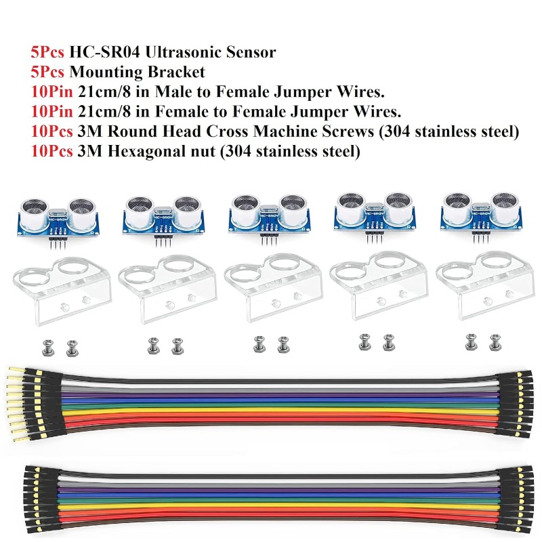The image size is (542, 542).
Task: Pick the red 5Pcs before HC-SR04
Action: pos(47,52)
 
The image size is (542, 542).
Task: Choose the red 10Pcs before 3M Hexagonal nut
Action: pos(52,151)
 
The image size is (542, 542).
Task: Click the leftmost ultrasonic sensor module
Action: pos(58,222)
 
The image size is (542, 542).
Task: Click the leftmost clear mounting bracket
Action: pos(62,291)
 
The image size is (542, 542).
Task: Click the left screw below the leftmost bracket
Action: pos(47,348)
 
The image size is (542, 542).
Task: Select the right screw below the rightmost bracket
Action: pos(495,343)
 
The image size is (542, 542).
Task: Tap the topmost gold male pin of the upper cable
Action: pos(16,371)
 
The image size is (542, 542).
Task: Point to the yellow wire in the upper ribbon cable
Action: pos(280,411)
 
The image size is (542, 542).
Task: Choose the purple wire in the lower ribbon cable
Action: pos(280,490)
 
